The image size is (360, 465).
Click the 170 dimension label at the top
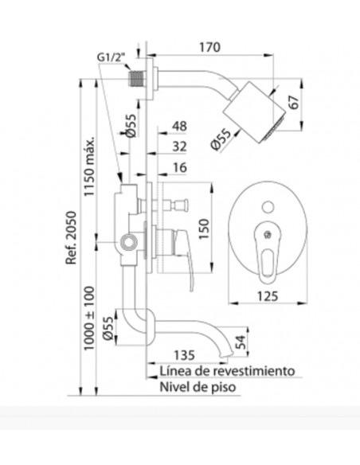[209, 47]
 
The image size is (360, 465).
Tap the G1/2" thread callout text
[112, 57]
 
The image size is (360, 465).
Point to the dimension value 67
[293, 102]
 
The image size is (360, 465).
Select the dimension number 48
[179, 126]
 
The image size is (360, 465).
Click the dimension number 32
[179, 147]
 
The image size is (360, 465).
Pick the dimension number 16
[179, 167]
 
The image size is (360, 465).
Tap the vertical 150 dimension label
[204, 229]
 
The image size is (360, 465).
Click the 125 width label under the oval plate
[268, 295]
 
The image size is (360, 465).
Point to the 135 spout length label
[184, 355]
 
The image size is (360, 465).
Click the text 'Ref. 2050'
[71, 237]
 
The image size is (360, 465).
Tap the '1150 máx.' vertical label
[89, 166]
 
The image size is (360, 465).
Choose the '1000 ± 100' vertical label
[89, 318]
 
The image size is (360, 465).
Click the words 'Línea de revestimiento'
[228, 371]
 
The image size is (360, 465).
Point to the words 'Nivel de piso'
[198, 387]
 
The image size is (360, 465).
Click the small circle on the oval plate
[268, 207]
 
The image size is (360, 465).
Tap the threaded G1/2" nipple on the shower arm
[136, 79]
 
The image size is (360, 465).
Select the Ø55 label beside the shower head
[221, 139]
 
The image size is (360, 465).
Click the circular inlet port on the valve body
[128, 242]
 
